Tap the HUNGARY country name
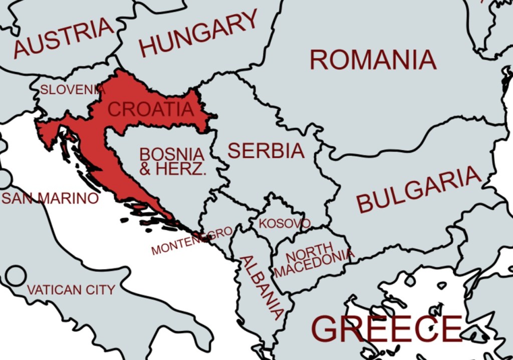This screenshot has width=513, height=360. click(x=198, y=33)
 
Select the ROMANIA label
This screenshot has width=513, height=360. click(x=373, y=60)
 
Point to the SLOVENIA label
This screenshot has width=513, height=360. click(x=73, y=90)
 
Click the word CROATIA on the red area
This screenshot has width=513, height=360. click(x=151, y=109)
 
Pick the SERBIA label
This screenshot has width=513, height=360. click(x=266, y=151)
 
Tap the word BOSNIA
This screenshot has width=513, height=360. click(x=172, y=154)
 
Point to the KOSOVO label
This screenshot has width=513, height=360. click(x=285, y=223)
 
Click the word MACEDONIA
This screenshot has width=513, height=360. click(x=314, y=266)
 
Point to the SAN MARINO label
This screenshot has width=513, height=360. click(x=50, y=198)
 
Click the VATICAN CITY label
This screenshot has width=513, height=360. click(x=71, y=290)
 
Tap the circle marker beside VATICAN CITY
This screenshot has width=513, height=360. click(x=16, y=276)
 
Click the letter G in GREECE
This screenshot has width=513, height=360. click(x=327, y=329)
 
